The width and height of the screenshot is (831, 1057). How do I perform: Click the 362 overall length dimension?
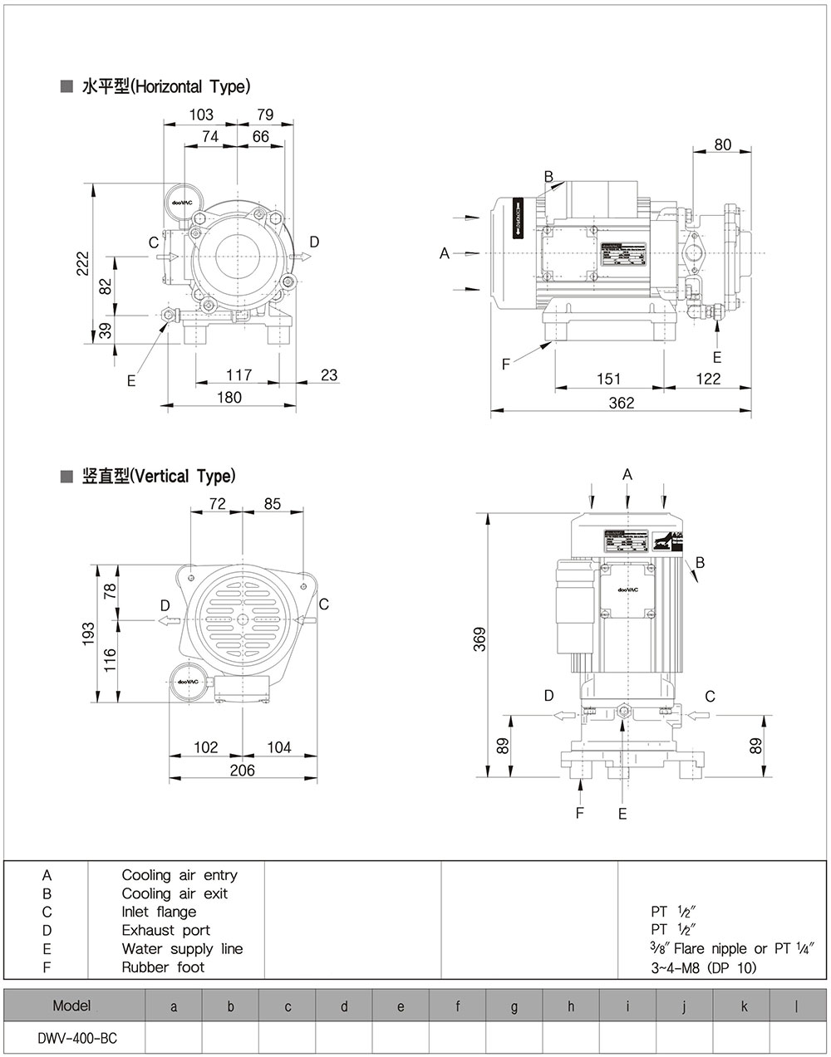coord(621,403)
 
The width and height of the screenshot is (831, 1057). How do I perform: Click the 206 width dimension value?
coord(242,770)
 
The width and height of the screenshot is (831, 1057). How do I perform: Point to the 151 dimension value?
coord(608,379)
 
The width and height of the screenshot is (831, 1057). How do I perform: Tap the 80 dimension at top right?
coord(722,144)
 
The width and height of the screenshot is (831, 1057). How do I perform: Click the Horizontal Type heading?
coord(165,86)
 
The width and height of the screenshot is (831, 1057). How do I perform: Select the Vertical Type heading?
coord(158,477)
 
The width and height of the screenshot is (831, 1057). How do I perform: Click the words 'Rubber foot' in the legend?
coord(163,966)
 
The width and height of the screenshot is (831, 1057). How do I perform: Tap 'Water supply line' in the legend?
coord(182,948)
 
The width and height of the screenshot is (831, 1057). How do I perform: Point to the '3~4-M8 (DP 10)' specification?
coord(703,966)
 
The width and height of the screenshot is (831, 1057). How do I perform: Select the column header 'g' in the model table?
coord(514,1007)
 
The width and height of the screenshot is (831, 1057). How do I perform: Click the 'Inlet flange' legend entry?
coord(159,912)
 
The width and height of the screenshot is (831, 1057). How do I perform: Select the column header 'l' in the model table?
coord(796,1007)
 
